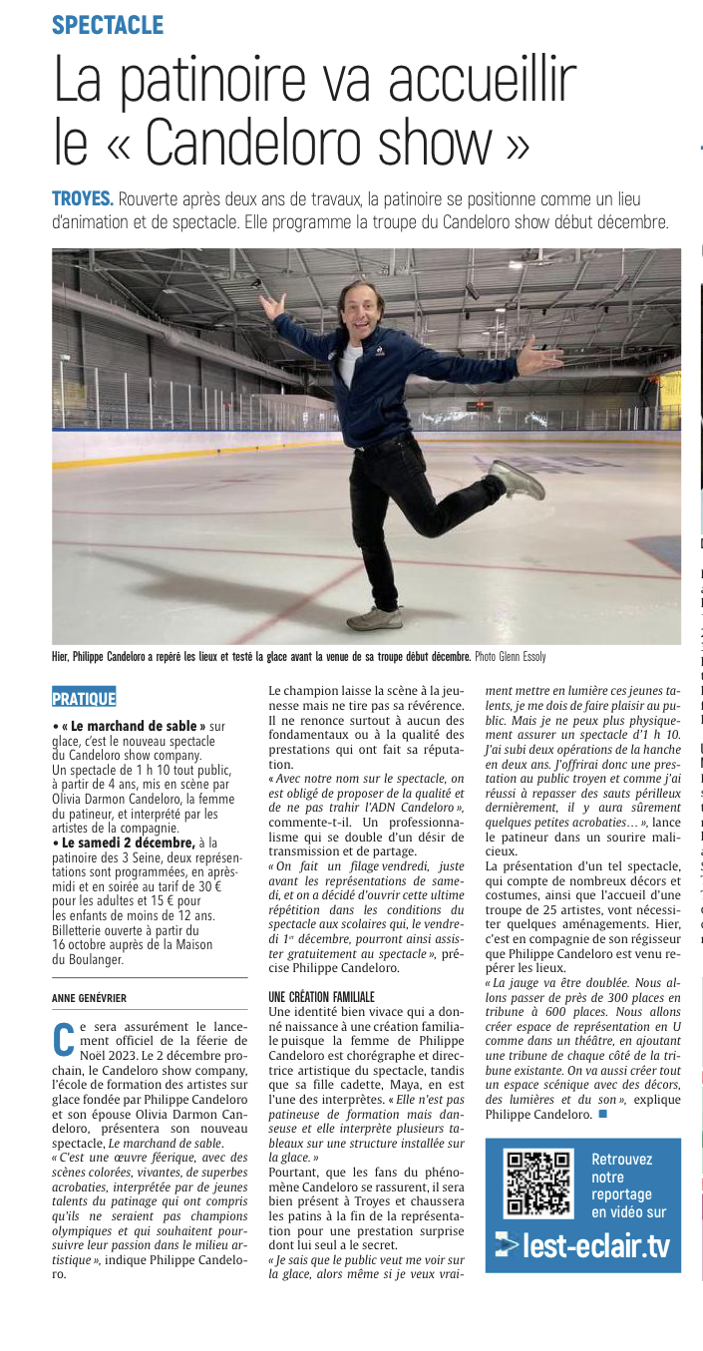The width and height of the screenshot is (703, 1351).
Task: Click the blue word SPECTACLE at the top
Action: [108, 25]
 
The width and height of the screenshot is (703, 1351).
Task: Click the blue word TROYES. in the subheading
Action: [83, 198]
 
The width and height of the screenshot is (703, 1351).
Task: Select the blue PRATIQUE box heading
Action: [84, 698]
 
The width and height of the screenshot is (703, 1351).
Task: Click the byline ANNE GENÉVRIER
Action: [91, 997]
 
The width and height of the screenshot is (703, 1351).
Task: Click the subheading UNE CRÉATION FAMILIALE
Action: [321, 996]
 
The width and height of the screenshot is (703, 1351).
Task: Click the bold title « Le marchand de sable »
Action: [133, 727]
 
